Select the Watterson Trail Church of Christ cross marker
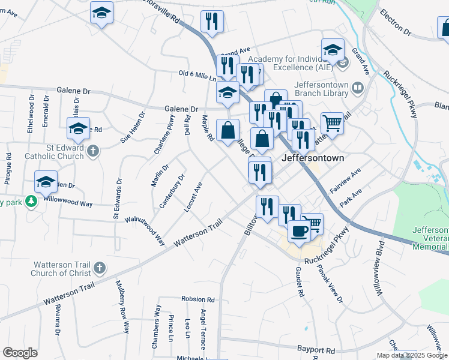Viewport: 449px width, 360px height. tap(100, 267)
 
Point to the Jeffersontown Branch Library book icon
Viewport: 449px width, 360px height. tap(358, 89)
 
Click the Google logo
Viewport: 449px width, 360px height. tap(20, 353)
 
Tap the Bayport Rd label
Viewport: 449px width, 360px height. tap(316, 349)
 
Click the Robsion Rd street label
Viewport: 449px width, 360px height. tap(197, 298)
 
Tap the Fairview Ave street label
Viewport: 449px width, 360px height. tap(349, 176)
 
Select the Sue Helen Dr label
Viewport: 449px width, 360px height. tap(133, 127)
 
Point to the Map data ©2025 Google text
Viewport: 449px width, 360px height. tap(411, 355)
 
